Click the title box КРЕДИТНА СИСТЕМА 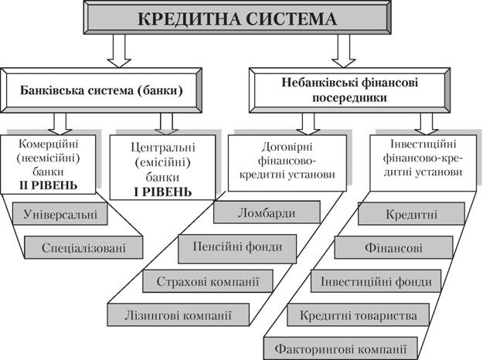(237, 18)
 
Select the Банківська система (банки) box (101, 90)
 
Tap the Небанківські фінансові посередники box (349, 90)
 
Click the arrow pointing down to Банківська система (119, 51)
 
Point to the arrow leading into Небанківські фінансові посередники (343, 51)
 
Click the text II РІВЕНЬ (49, 185)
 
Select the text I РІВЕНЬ (162, 192)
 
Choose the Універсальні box (60, 214)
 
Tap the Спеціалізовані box (83, 247)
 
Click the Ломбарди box (267, 212)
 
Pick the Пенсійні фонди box (237, 249)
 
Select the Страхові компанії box (208, 281)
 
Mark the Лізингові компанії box (178, 314)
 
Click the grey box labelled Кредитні (411, 214)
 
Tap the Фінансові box (393, 247)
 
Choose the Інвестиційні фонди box (376, 281)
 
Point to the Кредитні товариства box (359, 314)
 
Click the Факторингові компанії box (341, 348)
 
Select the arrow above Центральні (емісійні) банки (166, 124)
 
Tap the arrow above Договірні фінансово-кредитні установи (308, 124)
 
